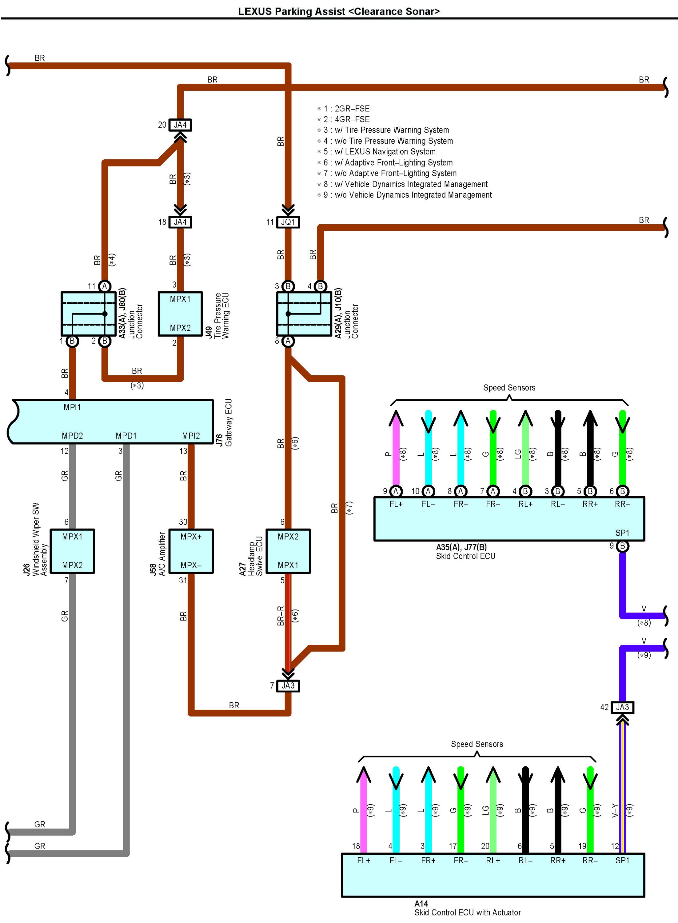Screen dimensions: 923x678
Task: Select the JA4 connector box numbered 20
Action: pos(180,125)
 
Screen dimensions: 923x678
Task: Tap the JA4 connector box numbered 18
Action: pos(180,222)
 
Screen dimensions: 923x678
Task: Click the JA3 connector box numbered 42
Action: pos(622,707)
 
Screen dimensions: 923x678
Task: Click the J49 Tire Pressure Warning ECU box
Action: pos(180,314)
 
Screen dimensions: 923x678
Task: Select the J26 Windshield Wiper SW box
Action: pos(72,551)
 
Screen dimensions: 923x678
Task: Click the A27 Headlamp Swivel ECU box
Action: pos(288,551)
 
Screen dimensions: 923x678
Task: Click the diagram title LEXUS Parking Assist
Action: pos(339,11)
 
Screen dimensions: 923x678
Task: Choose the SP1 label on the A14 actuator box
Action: pos(622,860)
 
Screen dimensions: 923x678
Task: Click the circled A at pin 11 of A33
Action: pos(105,286)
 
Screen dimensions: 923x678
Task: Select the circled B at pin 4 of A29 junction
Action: pos(320,286)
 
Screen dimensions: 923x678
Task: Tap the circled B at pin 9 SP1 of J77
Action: pos(622,546)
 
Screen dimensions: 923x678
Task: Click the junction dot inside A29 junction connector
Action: pos(288,314)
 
